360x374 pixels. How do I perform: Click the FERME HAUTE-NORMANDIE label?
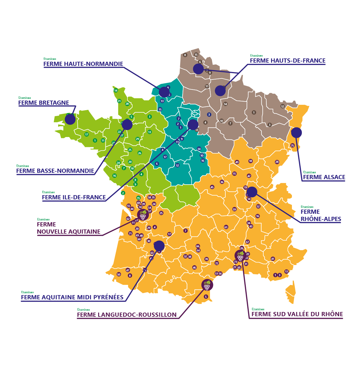pos(83,64)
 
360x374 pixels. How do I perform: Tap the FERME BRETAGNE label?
pos(44,103)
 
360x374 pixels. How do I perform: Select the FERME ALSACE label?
pos(324,177)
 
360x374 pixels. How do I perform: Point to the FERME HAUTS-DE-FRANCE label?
pos(287,61)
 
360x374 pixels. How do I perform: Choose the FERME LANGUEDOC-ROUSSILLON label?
pos(127,315)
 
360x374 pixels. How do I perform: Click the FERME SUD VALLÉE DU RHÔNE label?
pos(297,314)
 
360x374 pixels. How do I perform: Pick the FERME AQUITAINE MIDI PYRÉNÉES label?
pos(72,297)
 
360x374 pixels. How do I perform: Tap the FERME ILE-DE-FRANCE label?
pos(74,198)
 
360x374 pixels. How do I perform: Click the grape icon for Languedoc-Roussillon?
pos(207,285)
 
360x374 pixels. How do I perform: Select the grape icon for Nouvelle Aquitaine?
pos(143,215)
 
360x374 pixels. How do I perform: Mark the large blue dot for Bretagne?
pos(70,119)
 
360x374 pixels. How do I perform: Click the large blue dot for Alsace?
pos(296,132)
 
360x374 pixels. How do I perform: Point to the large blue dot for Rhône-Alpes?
pos(252,192)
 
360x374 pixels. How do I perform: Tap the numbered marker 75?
pos(292,146)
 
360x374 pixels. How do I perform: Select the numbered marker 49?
pos(237,162)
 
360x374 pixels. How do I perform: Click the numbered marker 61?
pos(226,227)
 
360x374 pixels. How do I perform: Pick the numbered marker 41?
pos(273,259)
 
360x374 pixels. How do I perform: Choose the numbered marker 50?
pos(119,274)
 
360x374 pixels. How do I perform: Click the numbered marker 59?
pos(234,209)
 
